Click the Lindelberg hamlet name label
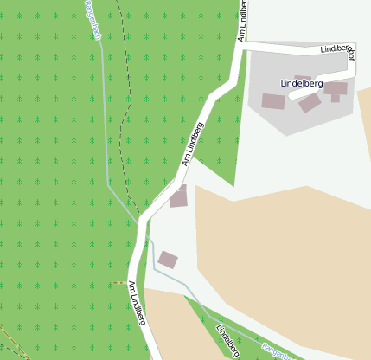click(302, 83)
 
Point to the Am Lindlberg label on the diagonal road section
click(193, 144)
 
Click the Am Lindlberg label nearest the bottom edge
click(137, 303)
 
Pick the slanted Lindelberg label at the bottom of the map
click(227, 340)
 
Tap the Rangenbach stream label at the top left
click(94, 19)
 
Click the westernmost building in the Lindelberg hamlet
click(273, 101)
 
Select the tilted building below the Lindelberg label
click(310, 103)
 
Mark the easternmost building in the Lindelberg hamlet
click(336, 89)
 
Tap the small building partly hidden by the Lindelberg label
click(303, 79)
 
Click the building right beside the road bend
click(178, 196)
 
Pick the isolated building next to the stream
click(168, 259)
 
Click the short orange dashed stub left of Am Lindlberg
click(119, 283)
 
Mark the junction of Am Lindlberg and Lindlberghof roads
click(243, 48)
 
